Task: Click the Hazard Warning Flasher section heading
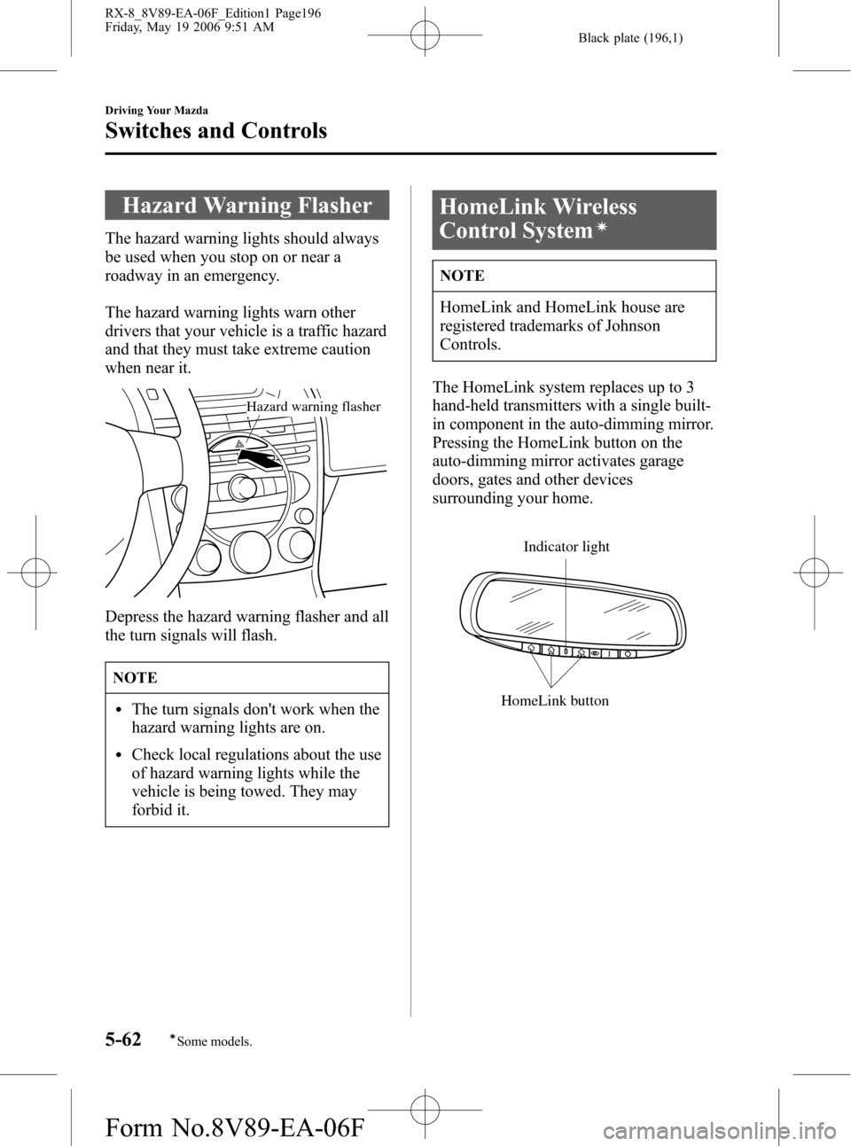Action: [x=247, y=207]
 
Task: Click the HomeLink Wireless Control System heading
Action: [x=538, y=218]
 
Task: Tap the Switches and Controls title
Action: [x=215, y=131]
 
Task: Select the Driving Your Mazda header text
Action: [x=155, y=111]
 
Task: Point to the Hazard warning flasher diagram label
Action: [x=313, y=407]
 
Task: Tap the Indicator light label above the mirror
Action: [x=566, y=547]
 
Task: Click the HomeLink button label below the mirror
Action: [x=555, y=700]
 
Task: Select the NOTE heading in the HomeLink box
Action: [x=462, y=277]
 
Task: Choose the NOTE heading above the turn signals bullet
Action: [x=135, y=677]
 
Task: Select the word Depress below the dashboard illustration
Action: [x=132, y=617]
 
